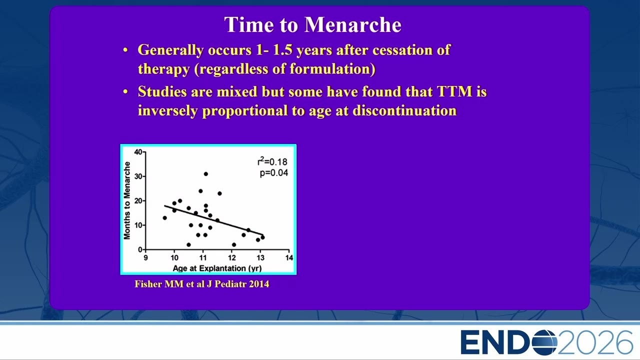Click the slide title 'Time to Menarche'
pyautogui.click(x=312, y=24)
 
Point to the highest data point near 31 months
pyautogui.click(x=205, y=173)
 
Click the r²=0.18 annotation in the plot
pyautogui.click(x=272, y=161)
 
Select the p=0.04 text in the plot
pyautogui.click(x=273, y=173)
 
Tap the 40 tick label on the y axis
pyautogui.click(x=138, y=151)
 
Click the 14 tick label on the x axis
pyautogui.click(x=289, y=257)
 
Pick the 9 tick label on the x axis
pyautogui.click(x=145, y=257)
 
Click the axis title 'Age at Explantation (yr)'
pyautogui.click(x=217, y=268)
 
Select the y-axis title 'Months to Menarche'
pyautogui.click(x=126, y=200)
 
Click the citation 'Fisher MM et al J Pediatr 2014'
pyautogui.click(x=201, y=284)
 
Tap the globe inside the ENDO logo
pyautogui.click(x=544, y=342)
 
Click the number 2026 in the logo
pyautogui.click(x=595, y=342)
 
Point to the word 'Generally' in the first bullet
pyautogui.click(x=170, y=50)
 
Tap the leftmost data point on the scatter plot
pyautogui.click(x=164, y=217)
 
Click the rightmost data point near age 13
pyautogui.click(x=262, y=237)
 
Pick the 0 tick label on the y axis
pyautogui.click(x=140, y=249)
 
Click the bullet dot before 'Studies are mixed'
pyautogui.click(x=125, y=92)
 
